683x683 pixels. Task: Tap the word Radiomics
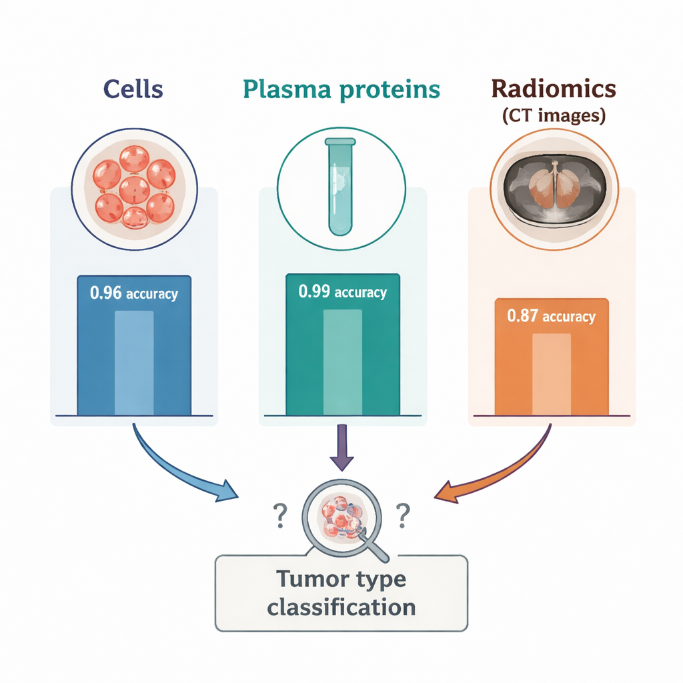553,89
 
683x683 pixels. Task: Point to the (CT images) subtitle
553,116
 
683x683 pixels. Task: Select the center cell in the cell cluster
135,189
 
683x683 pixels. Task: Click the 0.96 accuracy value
134,293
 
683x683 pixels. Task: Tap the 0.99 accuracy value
342,292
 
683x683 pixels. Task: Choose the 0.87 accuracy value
551,317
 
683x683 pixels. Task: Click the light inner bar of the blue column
134,363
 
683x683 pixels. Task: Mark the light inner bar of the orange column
552,374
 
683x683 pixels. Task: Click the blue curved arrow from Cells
180,470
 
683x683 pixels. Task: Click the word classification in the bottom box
341,607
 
